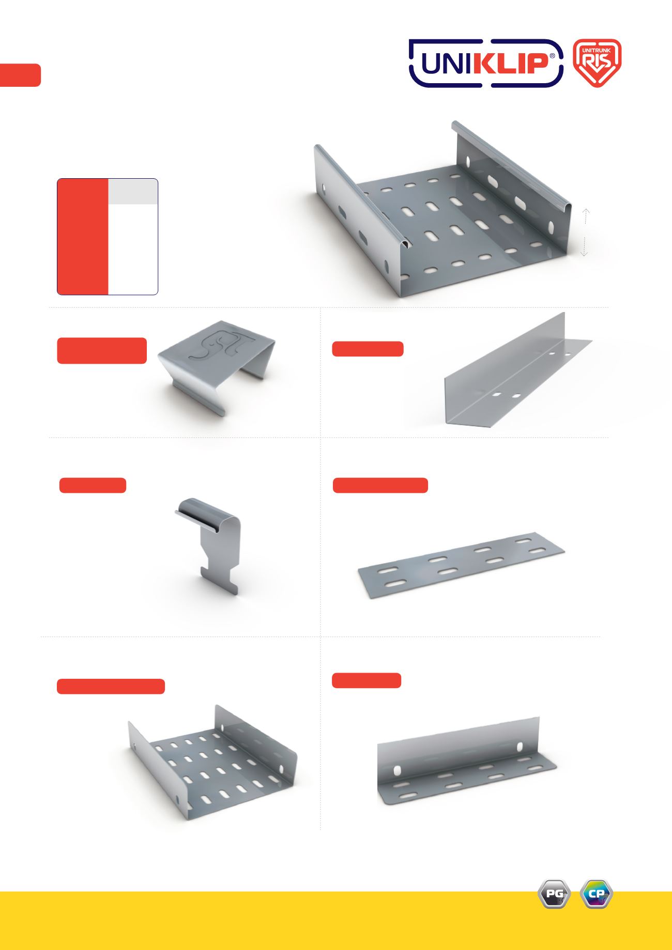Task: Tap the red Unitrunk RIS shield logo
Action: (x=598, y=63)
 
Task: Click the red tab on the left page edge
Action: (x=20, y=75)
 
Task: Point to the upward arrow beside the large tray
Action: (x=585, y=215)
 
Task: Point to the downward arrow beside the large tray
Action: (x=584, y=246)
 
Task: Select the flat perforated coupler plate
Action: (x=461, y=565)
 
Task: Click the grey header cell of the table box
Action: (x=133, y=192)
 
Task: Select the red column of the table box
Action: (x=83, y=237)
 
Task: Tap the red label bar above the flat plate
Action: (x=380, y=486)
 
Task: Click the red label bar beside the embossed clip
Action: (x=102, y=351)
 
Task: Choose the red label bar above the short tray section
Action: (x=111, y=687)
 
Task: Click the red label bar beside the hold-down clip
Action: (x=93, y=486)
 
